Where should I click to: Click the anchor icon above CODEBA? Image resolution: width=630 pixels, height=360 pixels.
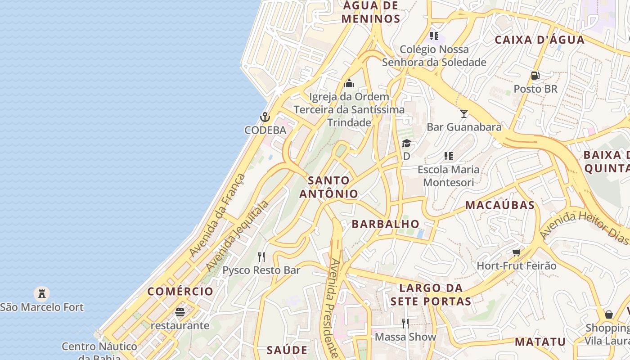(x=265, y=117)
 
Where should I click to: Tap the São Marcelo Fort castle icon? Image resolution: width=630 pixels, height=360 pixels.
(x=42, y=294)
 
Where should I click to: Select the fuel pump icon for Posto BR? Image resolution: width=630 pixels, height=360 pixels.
(x=535, y=76)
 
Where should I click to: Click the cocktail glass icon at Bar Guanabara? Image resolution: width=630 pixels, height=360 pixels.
(x=464, y=113)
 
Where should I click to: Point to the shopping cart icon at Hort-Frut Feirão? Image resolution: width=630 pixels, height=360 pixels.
(x=517, y=252)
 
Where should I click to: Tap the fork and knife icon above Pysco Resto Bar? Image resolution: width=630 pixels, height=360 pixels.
(x=261, y=256)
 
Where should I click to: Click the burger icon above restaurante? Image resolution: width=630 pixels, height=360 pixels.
(x=180, y=312)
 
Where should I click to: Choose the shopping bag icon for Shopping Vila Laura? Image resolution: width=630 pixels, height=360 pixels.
(x=608, y=314)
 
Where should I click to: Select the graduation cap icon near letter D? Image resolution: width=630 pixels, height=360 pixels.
(x=406, y=144)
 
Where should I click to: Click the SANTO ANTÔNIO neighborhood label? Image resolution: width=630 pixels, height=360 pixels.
(x=329, y=187)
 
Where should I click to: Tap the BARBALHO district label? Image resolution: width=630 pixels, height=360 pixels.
(x=386, y=224)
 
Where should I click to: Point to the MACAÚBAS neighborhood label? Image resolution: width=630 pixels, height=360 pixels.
(x=500, y=205)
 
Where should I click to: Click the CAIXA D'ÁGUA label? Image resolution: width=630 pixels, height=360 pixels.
(x=540, y=40)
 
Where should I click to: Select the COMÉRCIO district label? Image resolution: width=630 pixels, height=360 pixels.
(x=180, y=291)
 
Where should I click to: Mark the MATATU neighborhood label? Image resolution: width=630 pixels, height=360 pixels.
(x=540, y=342)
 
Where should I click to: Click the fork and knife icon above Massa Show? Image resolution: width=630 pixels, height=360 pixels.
(x=405, y=323)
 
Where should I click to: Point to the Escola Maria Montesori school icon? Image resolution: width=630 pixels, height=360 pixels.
(x=448, y=156)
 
